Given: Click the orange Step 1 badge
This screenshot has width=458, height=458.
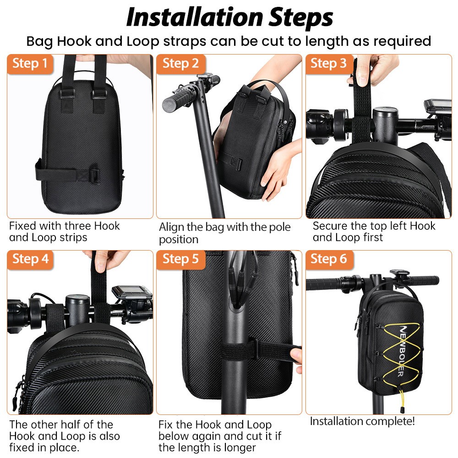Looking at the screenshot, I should (30, 64).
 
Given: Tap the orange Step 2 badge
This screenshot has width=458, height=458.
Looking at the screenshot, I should (180, 64).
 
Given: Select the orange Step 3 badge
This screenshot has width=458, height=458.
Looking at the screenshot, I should (329, 64).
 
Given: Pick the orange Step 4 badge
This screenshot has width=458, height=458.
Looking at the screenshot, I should (30, 259).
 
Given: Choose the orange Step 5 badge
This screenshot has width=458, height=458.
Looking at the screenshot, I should (180, 259).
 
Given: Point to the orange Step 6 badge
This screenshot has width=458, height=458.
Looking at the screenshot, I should (329, 259).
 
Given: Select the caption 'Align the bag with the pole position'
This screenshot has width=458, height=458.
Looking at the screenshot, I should (224, 233).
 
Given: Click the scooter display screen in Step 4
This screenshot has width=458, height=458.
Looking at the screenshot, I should (132, 293).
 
